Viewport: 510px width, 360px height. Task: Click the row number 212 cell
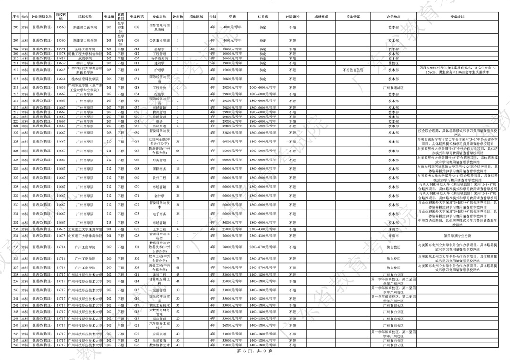16,70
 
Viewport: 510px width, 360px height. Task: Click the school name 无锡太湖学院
85,49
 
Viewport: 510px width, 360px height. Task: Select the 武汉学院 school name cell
85,58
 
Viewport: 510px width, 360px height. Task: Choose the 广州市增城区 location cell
393,88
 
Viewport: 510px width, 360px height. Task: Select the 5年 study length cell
212,63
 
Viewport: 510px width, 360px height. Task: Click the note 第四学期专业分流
458,235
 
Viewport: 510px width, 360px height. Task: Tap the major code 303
137,268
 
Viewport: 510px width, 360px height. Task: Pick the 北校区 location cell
393,63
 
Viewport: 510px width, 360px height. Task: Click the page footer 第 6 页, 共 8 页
255,352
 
